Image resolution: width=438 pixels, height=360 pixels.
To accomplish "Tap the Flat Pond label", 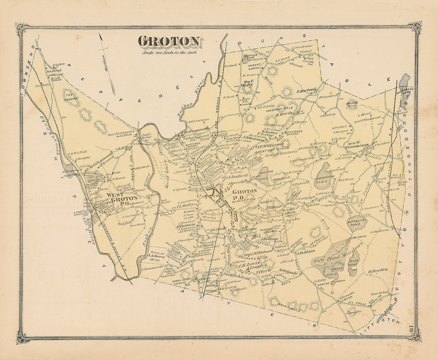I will coord(57,78).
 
